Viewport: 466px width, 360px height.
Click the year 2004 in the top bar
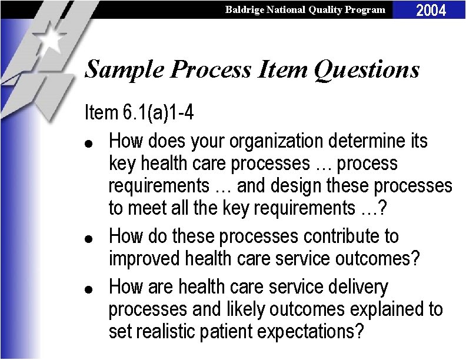pos(431,9)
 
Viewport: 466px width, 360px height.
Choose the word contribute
pos(344,236)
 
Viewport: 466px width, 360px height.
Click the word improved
pos(145,259)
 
